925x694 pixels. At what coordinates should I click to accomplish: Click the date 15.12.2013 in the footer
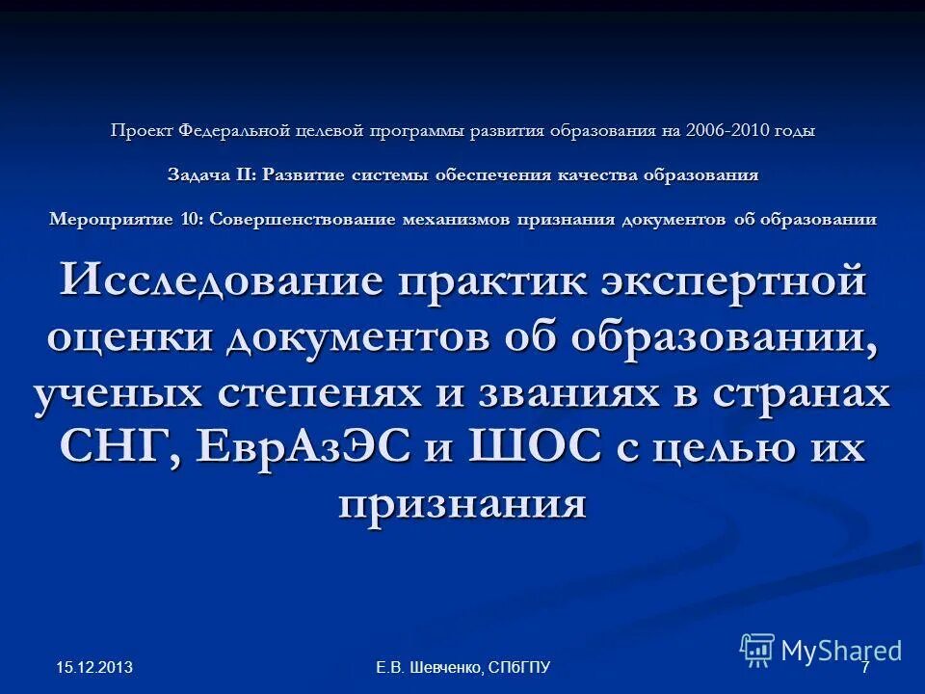tap(93, 667)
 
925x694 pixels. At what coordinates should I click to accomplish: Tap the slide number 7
tap(864, 667)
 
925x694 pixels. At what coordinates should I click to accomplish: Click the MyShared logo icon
tap(757, 650)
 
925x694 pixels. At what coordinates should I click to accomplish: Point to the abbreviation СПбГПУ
tap(519, 667)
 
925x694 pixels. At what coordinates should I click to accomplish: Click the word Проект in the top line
tap(137, 130)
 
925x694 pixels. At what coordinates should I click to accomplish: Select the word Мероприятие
tap(114, 219)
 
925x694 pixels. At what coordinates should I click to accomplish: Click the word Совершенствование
tap(301, 219)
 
